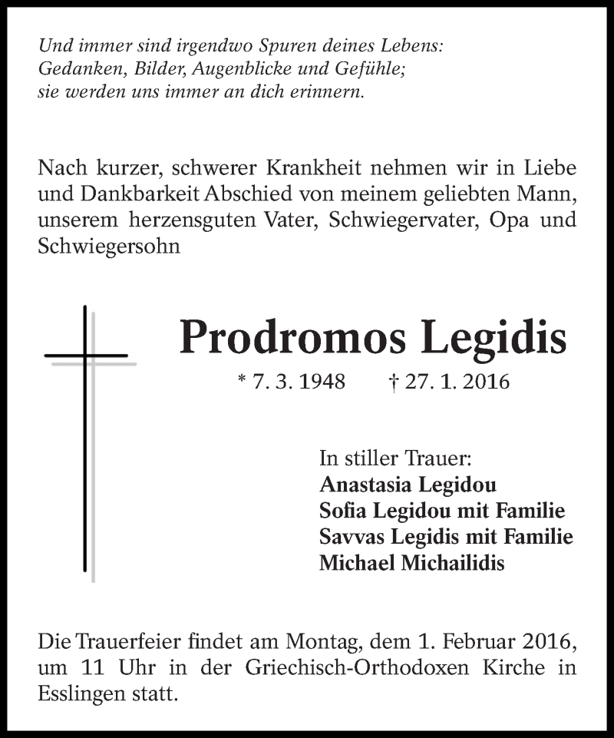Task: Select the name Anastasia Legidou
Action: click(407, 485)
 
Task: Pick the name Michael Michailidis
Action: click(412, 563)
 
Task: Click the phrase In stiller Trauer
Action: click(395, 460)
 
